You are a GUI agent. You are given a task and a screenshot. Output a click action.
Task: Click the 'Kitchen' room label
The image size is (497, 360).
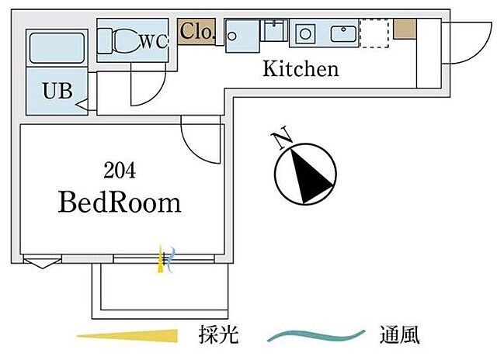[301, 69]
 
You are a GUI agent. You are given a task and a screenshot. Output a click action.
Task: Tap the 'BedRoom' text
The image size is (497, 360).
[120, 203]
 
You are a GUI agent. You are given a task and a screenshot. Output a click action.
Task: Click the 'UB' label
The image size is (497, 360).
[57, 91]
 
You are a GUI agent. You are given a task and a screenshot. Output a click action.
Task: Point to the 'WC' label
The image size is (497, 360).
[153, 43]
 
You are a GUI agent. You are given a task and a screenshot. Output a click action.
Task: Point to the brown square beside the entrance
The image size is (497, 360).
[404, 28]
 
